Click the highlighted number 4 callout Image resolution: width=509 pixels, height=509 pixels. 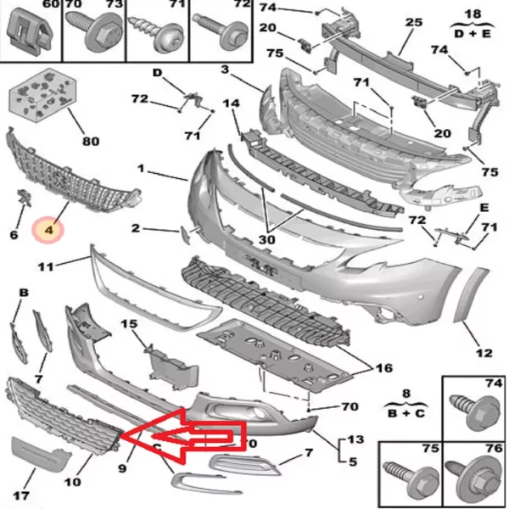click(48, 230)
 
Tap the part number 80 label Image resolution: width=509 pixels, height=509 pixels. click(91, 142)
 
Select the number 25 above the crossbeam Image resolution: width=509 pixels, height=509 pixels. click(414, 22)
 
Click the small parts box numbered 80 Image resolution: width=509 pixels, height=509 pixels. click(42, 95)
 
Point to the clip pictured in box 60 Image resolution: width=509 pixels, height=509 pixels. click(29, 32)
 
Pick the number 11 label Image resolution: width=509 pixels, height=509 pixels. click(46, 267)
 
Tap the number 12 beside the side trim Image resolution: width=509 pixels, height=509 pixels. click(484, 353)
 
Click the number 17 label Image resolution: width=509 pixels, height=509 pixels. click(21, 495)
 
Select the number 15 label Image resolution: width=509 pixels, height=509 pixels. click(129, 324)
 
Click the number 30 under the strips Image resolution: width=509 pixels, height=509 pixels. click(267, 240)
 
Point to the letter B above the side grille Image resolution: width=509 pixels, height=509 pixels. click(24, 293)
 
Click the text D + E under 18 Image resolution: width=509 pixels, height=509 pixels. click(473, 33)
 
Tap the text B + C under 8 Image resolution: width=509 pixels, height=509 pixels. click(406, 413)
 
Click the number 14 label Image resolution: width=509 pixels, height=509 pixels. click(231, 103)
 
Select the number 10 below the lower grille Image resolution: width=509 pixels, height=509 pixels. click(73, 482)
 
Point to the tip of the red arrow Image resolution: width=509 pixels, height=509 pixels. click(120, 435)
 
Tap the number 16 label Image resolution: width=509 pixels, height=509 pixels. click(384, 368)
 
